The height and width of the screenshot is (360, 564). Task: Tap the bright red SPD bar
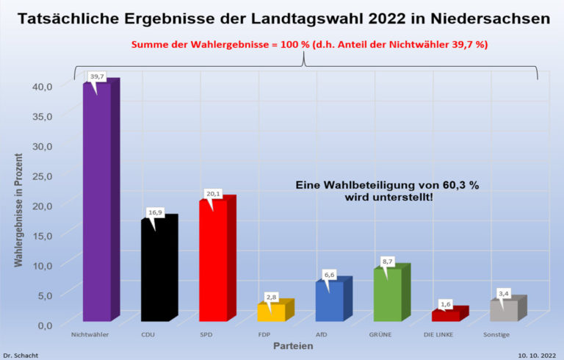pyautogui.click(x=213, y=260)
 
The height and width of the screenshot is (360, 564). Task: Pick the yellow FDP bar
pyautogui.click(x=271, y=312)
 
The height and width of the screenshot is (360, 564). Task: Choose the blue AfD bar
pyautogui.click(x=329, y=301)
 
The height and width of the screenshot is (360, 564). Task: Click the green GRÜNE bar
pyautogui.click(x=387, y=295)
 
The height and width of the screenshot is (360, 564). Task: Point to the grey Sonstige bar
pyautogui.click(x=504, y=311)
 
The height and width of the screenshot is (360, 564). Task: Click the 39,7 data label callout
pyautogui.click(x=97, y=76)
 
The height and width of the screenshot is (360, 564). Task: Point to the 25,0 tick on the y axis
pyautogui.click(x=42, y=176)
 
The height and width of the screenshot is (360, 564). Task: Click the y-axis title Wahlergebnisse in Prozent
pyautogui.click(x=18, y=209)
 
